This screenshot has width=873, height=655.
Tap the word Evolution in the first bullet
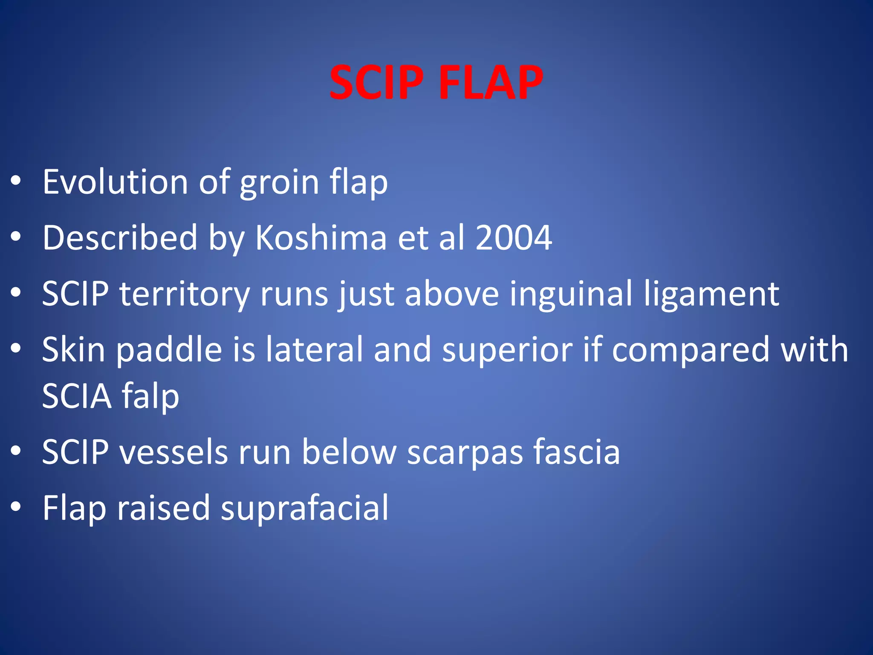point(115,182)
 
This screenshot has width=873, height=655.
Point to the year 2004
point(514,238)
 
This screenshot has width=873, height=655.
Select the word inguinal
point(571,294)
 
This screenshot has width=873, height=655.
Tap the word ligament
point(712,294)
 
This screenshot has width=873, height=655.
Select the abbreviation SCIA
point(77,397)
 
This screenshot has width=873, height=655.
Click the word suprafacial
point(304,508)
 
